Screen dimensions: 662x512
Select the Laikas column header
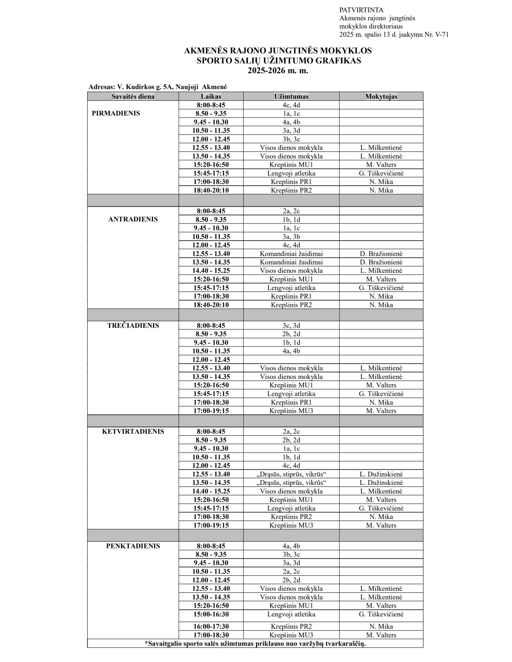coord(211,96)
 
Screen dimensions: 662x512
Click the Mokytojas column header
coord(381,96)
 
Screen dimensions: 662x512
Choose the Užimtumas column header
coord(291,96)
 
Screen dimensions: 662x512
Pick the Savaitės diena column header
coord(133,96)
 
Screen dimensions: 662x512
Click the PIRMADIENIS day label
coord(116,113)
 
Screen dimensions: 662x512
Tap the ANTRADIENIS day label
coord(133,219)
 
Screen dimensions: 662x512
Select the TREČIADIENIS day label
coord(133,325)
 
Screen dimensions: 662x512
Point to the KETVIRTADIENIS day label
coord(133,431)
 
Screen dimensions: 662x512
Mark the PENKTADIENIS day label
coord(133,546)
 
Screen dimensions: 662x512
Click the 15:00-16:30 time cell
coord(211,614)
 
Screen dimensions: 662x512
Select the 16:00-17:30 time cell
coord(211,626)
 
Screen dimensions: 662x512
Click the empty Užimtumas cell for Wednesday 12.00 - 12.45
coord(291,359)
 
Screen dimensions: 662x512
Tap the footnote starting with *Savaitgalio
coord(255,644)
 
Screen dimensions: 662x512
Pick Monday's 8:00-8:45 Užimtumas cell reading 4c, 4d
coord(291,105)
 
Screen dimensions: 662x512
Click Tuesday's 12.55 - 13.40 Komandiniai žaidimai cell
coord(291,254)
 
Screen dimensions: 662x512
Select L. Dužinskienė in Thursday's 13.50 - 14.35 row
coord(381,483)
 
